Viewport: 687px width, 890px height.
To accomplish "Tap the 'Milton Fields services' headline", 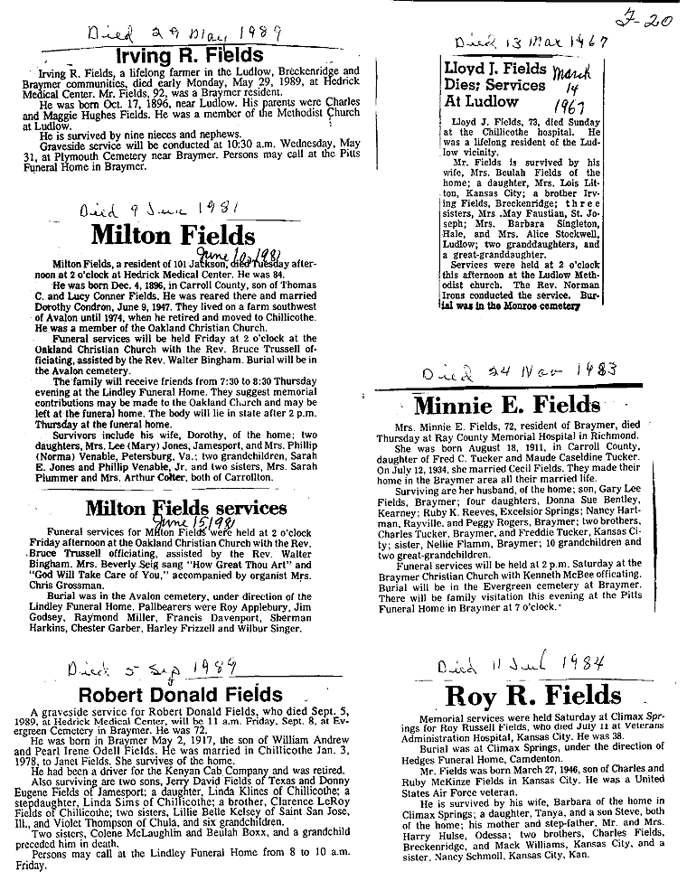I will pos(186,508).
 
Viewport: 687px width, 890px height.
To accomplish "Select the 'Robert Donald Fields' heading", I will pos(181,694).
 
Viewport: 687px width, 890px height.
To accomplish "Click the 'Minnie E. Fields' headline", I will pos(505,405).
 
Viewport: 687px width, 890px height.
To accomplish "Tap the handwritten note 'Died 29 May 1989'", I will pos(186,33).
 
